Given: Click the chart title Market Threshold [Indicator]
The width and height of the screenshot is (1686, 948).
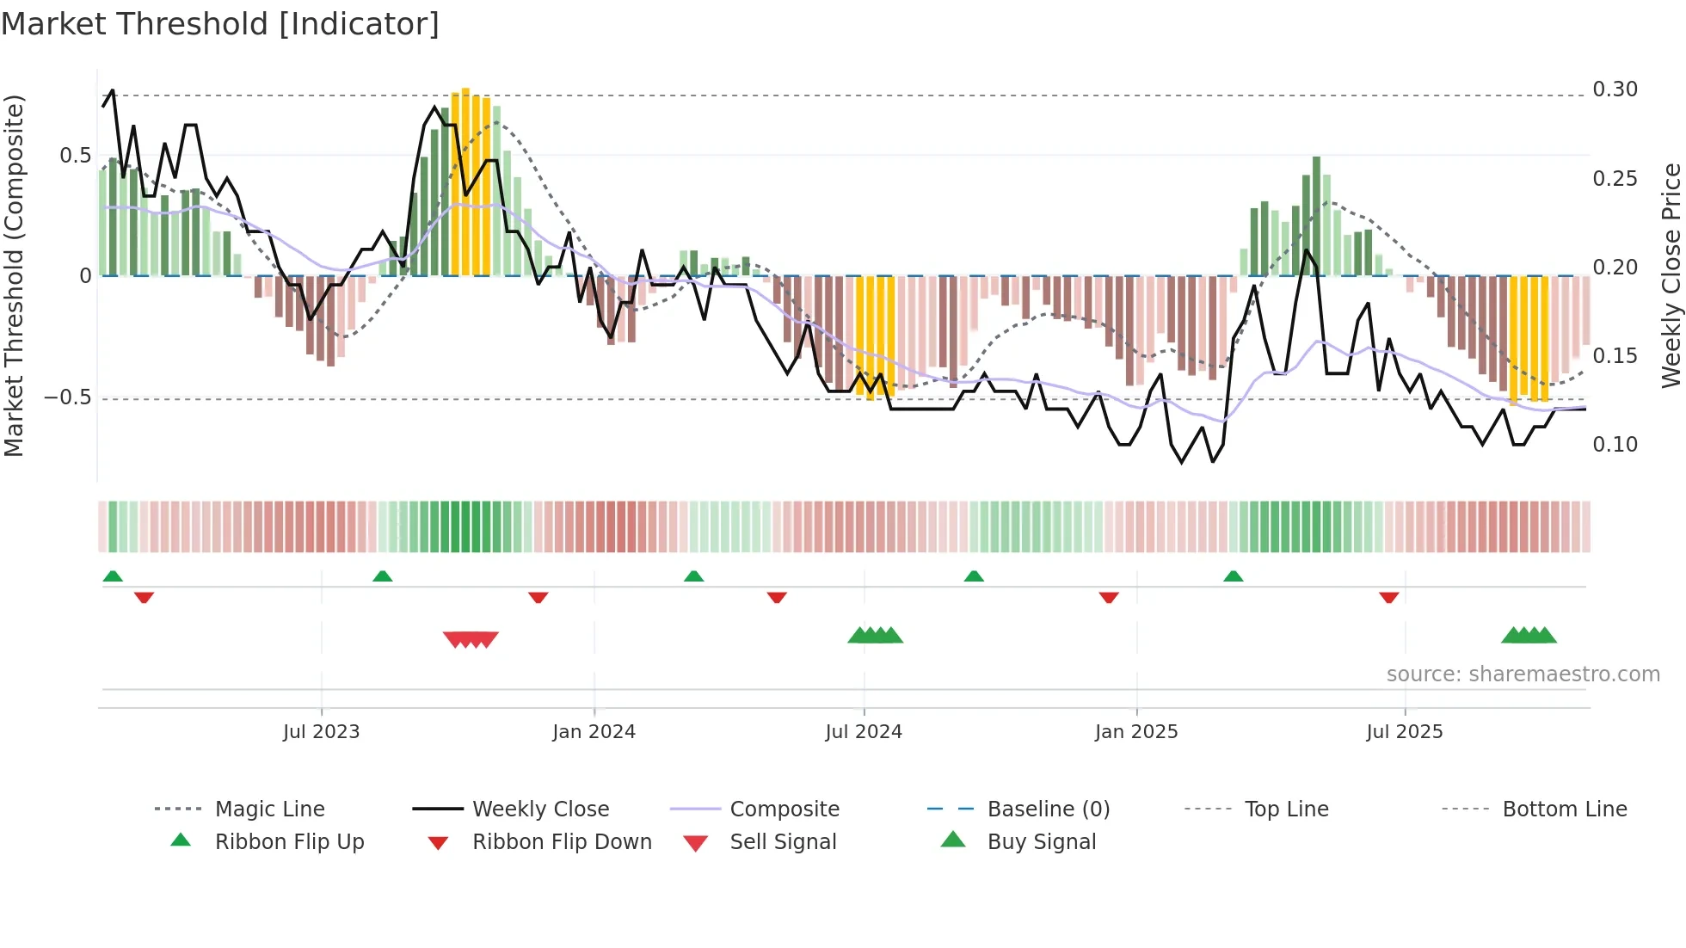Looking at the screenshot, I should pyautogui.click(x=220, y=24).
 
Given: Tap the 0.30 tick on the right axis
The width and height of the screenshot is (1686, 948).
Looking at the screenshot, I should pyautogui.click(x=1615, y=89).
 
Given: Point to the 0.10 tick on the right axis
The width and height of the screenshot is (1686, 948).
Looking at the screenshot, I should pyautogui.click(x=1615, y=445).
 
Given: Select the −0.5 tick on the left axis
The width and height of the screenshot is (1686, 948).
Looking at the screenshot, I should pyautogui.click(x=68, y=397).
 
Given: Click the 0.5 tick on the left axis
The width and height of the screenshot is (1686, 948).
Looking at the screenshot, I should pyautogui.click(x=75, y=156).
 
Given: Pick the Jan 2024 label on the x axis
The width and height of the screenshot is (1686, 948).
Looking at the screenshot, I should pyautogui.click(x=594, y=732).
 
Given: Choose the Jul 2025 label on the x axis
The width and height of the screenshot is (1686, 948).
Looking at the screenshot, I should pyautogui.click(x=1404, y=732).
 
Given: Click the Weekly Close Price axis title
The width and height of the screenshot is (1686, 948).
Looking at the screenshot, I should pyautogui.click(x=1671, y=275).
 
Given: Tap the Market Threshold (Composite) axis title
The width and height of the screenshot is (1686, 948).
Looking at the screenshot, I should pyautogui.click(x=14, y=275).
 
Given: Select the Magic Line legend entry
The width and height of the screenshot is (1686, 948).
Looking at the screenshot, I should pyautogui.click(x=269, y=809).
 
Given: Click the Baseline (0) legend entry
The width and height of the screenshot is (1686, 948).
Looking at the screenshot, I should pyautogui.click(x=1048, y=809).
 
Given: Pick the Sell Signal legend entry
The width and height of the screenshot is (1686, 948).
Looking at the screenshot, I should pyautogui.click(x=782, y=842).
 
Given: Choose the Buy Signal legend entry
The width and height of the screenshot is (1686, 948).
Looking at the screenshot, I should pyautogui.click(x=1041, y=842).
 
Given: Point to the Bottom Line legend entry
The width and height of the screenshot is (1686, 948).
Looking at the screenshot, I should pyautogui.click(x=1564, y=809).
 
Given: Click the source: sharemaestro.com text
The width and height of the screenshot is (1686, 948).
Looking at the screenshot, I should pyautogui.click(x=1523, y=674).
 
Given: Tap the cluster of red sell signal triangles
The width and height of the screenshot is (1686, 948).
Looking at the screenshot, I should pyautogui.click(x=471, y=639).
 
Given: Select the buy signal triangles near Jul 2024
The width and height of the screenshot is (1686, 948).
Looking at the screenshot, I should pyautogui.click(x=875, y=636).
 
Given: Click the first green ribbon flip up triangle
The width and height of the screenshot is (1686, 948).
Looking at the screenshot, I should pyautogui.click(x=113, y=576).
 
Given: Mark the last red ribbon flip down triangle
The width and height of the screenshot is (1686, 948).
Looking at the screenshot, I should pyautogui.click(x=1388, y=597).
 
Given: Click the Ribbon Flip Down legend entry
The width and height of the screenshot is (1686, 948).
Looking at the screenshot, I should pyautogui.click(x=562, y=842).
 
